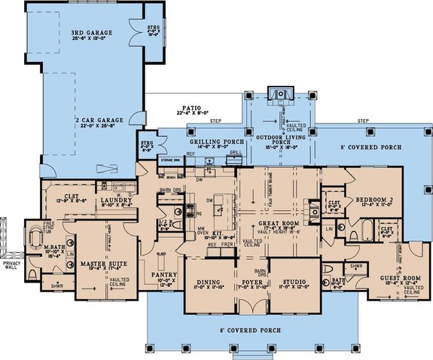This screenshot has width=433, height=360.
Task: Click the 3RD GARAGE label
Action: (89, 35)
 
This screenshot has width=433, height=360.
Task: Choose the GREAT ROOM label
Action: (281, 224)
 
